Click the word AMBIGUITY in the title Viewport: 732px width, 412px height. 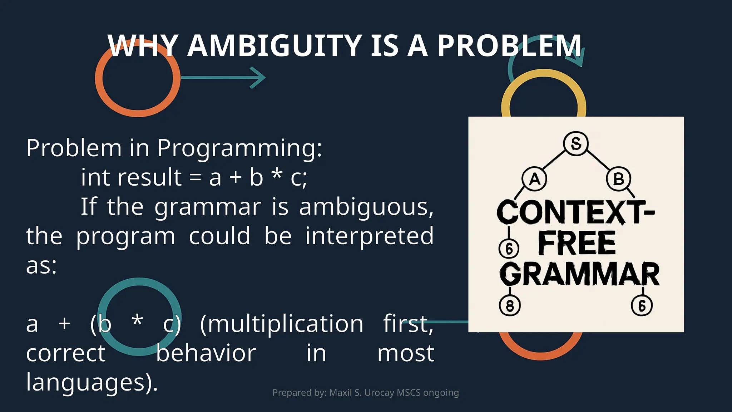274,46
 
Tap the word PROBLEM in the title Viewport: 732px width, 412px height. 509,46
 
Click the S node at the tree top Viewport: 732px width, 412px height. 576,144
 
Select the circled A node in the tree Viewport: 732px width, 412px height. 534,179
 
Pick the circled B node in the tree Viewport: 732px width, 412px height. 618,179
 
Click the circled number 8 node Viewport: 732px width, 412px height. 510,306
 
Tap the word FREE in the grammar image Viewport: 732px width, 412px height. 577,244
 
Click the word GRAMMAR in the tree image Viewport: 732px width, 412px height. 579,274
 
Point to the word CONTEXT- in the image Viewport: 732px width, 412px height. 575,212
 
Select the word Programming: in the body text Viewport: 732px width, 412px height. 239,148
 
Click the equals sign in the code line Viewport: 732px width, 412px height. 195,178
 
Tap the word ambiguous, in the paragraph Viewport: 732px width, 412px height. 366,207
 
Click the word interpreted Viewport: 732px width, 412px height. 369,236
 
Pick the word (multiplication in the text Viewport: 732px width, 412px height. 282,324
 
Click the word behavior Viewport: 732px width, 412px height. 206,353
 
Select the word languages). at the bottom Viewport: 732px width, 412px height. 92,383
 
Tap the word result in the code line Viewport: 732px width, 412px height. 149,177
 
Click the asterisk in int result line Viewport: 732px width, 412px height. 277,174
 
